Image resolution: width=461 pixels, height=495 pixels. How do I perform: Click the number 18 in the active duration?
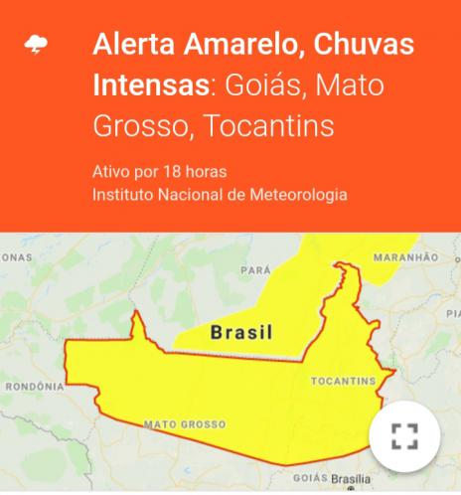point(156,171)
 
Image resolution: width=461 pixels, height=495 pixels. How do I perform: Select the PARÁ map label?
point(255,269)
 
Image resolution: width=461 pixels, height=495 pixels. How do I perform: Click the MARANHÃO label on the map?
point(405,257)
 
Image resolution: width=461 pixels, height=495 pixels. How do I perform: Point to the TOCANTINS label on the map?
point(343,382)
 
